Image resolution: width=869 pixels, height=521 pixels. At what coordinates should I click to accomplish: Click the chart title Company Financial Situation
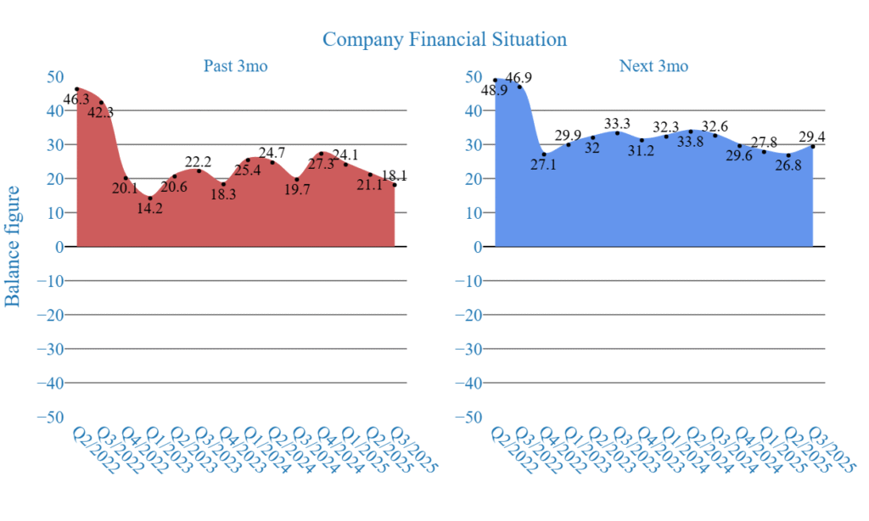click(445, 39)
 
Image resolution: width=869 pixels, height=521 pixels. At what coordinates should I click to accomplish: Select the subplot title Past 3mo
click(235, 66)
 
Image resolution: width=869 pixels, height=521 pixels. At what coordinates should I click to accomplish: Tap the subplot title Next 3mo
click(653, 66)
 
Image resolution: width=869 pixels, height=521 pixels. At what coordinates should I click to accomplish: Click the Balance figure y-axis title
click(14, 246)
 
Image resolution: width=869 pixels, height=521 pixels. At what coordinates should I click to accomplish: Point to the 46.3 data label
click(76, 100)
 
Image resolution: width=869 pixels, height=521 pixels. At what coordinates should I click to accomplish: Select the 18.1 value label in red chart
click(394, 176)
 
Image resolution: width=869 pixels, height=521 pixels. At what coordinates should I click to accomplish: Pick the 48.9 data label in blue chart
click(495, 91)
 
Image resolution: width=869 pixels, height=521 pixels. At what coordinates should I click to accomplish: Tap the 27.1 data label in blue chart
click(544, 165)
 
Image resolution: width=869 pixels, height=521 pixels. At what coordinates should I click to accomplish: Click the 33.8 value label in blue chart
click(689, 142)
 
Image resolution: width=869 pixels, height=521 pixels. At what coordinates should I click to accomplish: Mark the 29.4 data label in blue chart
click(812, 137)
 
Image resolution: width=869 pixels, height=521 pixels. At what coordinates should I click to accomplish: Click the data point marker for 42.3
click(101, 103)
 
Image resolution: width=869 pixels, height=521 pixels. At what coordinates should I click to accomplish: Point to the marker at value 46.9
click(520, 87)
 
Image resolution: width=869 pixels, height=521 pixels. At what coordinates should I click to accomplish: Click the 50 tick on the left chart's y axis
click(54, 76)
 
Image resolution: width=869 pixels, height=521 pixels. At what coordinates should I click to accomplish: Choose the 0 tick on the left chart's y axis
click(59, 247)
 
